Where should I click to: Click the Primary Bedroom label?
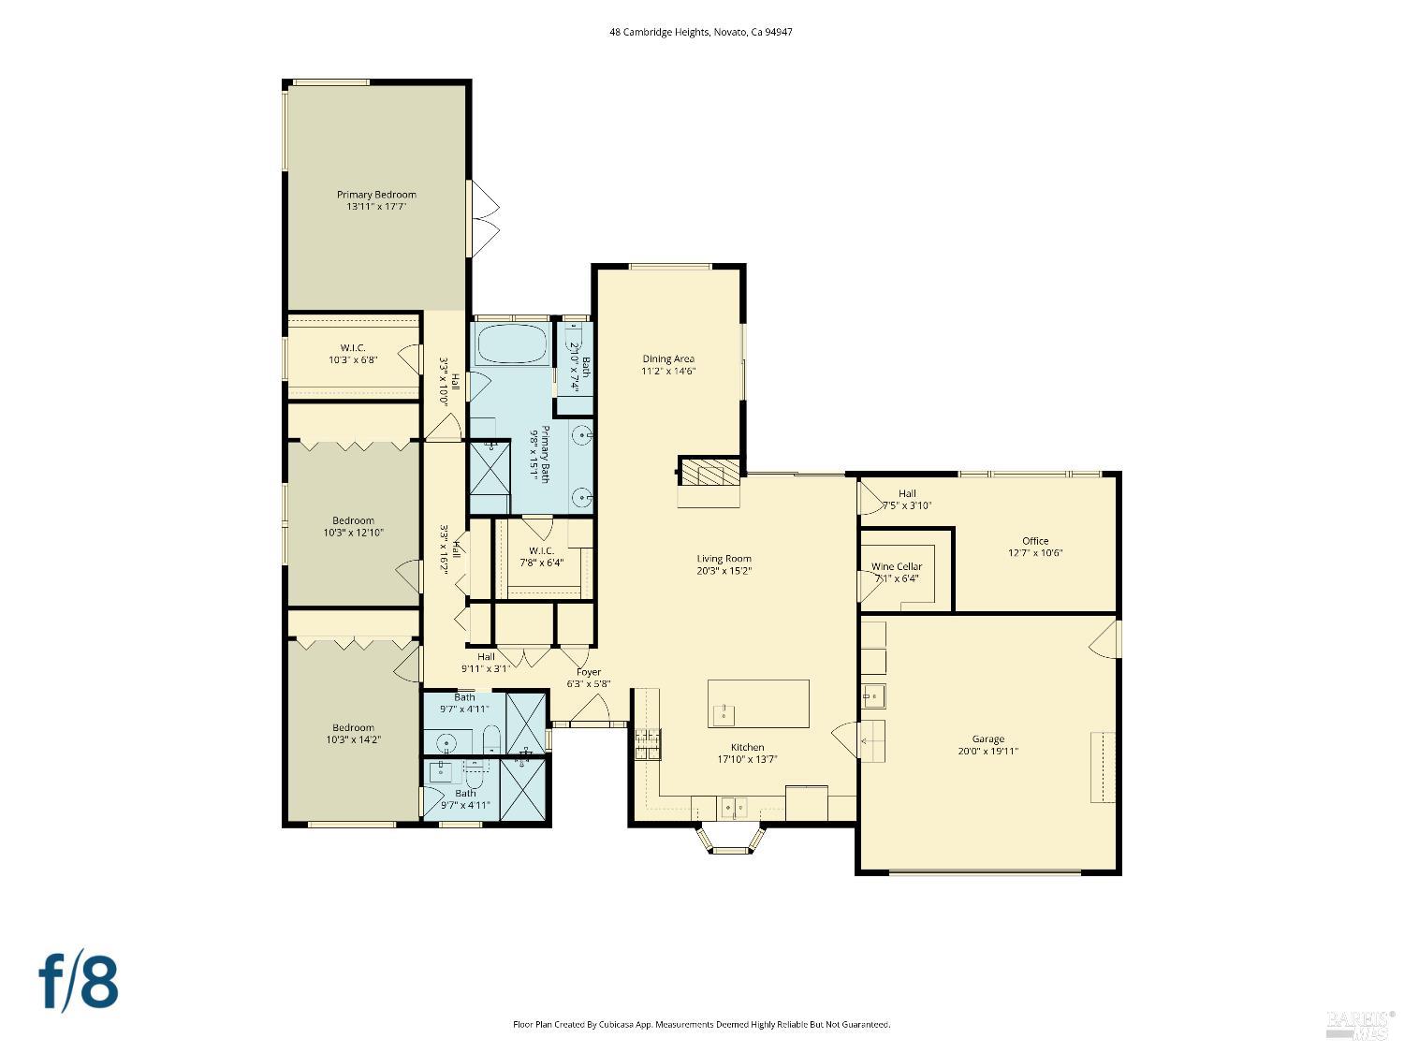[x=376, y=195]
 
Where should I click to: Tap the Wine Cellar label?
[x=896, y=566]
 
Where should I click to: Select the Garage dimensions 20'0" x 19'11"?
[x=987, y=751]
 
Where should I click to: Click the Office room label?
[x=1035, y=541]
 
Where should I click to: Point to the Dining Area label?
[x=667, y=358]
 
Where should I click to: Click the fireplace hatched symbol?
[x=709, y=472]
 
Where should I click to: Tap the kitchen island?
[x=758, y=703]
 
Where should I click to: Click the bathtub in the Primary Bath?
[x=511, y=344]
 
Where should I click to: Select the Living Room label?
[x=724, y=559]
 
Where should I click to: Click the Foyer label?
[x=588, y=672]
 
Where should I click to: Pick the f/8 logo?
[x=79, y=981]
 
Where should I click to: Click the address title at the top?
[x=701, y=32]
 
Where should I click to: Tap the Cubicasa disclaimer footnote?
[x=701, y=1025]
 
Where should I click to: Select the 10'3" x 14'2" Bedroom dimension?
[x=353, y=739]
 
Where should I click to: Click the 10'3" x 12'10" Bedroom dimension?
[x=353, y=533]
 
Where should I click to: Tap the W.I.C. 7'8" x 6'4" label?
[x=540, y=557]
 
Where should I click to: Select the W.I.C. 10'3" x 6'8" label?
[x=352, y=354]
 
